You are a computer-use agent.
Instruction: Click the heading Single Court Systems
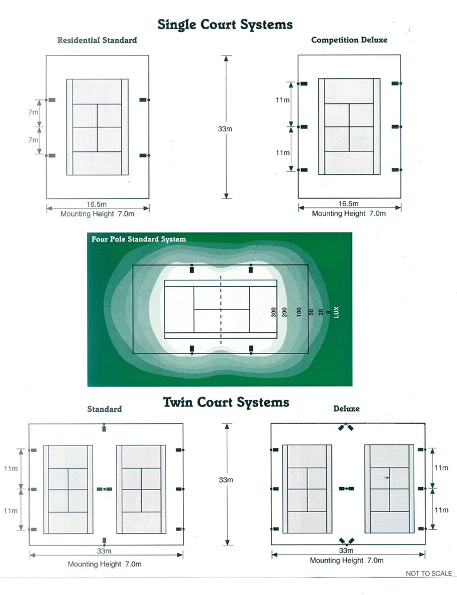pyautogui.click(x=225, y=24)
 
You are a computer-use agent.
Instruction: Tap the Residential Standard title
pyautogui.click(x=97, y=41)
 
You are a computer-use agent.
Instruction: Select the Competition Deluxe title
pyautogui.click(x=349, y=40)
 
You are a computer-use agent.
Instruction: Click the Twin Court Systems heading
pyautogui.click(x=226, y=402)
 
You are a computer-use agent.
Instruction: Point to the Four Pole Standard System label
pyautogui.click(x=139, y=239)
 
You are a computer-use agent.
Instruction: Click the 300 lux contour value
pyautogui.click(x=274, y=312)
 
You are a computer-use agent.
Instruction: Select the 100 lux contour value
pyautogui.click(x=298, y=312)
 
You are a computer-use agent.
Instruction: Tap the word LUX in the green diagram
pyautogui.click(x=337, y=312)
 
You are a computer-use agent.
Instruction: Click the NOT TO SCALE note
pyautogui.click(x=428, y=573)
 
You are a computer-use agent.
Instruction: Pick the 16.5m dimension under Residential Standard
pyautogui.click(x=97, y=204)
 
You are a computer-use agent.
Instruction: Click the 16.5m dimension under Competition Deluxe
pyautogui.click(x=348, y=203)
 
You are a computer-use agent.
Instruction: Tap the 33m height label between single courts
pyautogui.click(x=225, y=129)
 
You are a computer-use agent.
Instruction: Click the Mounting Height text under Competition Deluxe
pyautogui.click(x=348, y=213)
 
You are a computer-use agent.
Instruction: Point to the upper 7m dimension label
pyautogui.click(x=33, y=112)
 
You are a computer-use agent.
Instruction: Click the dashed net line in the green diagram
pyautogui.click(x=222, y=309)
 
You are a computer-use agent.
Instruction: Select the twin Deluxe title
pyautogui.click(x=346, y=409)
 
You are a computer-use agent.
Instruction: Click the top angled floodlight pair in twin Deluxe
pyautogui.click(x=346, y=428)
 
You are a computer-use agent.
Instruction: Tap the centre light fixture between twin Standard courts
pyautogui.click(x=105, y=489)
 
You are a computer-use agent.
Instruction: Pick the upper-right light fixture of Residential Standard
pyautogui.click(x=144, y=100)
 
